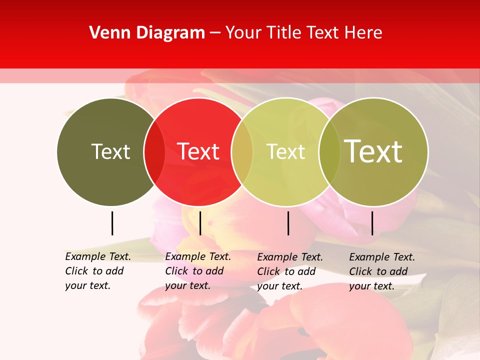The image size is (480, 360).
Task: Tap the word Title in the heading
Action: (x=286, y=33)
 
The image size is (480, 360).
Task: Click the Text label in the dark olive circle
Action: (x=110, y=151)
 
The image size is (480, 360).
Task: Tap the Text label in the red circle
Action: (x=198, y=151)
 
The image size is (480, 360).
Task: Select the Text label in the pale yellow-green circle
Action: (x=285, y=151)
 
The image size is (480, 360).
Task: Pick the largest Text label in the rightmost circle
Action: (x=373, y=151)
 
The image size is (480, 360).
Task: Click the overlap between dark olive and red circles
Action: (x=154, y=151)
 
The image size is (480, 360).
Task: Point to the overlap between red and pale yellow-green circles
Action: (x=242, y=151)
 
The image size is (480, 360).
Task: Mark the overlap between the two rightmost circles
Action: (x=329, y=151)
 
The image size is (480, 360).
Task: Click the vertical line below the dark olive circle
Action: (x=112, y=223)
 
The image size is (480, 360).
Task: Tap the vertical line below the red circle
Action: (x=200, y=223)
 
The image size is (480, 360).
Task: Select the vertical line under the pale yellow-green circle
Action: (x=288, y=223)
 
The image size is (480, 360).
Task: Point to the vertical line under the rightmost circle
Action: (x=372, y=223)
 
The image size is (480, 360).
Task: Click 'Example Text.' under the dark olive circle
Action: (x=98, y=256)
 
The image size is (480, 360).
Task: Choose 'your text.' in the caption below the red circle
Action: (x=187, y=285)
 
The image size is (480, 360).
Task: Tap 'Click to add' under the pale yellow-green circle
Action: (x=286, y=271)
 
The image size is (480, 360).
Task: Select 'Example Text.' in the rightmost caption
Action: (x=382, y=257)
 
